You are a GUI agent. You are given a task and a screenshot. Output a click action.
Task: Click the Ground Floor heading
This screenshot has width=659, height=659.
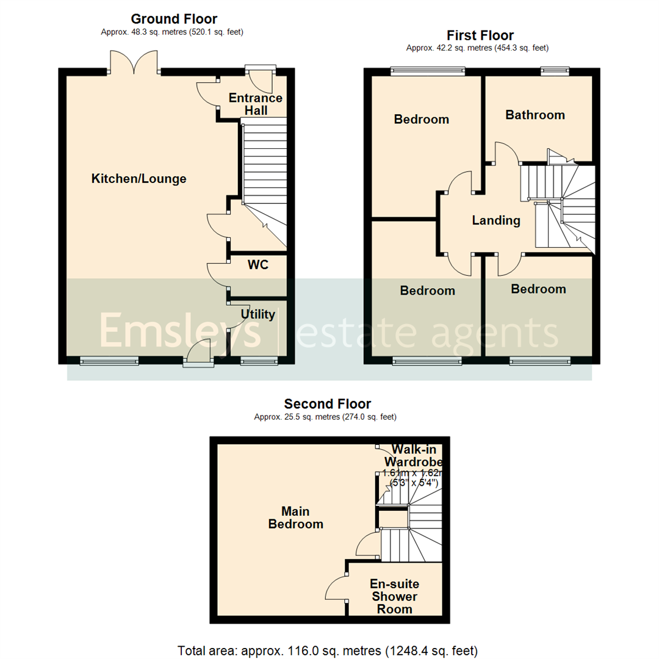click(x=174, y=20)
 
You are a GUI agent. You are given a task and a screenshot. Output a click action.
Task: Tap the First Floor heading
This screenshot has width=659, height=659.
click(x=480, y=35)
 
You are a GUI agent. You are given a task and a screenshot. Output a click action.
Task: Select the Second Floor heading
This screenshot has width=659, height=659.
click(x=328, y=404)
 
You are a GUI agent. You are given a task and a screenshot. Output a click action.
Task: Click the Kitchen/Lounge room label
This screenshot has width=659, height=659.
click(x=139, y=179)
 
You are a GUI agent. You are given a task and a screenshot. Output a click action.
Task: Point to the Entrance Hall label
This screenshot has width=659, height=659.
click(x=256, y=104)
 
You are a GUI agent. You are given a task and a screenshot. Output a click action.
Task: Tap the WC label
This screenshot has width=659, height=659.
click(x=259, y=265)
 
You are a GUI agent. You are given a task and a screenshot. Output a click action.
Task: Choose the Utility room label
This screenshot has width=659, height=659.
click(x=257, y=315)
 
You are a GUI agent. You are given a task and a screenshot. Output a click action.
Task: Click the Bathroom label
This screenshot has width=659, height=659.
click(x=535, y=115)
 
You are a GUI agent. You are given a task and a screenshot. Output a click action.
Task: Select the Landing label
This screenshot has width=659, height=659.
click(x=496, y=221)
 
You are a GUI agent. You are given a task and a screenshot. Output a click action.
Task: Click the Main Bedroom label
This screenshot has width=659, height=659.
click(x=296, y=517)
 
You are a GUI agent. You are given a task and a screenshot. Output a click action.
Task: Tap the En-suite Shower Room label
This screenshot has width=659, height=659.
click(x=394, y=596)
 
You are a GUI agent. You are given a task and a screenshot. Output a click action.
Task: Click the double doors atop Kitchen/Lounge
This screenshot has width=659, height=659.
click(x=135, y=63)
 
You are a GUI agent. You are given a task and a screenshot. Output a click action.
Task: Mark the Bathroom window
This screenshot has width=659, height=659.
click(x=553, y=71)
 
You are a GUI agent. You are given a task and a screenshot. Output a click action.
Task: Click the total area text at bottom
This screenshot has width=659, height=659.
click(x=328, y=650)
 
